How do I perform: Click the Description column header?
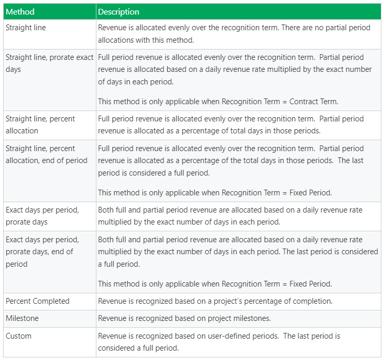pyautogui.click(x=119, y=11)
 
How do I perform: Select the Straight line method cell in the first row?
pyautogui.click(x=26, y=28)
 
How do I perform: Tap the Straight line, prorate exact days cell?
pyautogui.click(x=49, y=63)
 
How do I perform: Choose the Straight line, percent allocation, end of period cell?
pyautogui.click(x=46, y=154)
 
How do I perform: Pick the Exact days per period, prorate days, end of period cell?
pyautogui.click(x=42, y=252)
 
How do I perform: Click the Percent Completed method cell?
pyautogui.click(x=38, y=301)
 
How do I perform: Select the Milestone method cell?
pyautogui.click(x=22, y=318)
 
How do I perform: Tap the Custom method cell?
pyautogui.click(x=19, y=336)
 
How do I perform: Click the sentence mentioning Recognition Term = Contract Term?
pyautogui.click(x=215, y=101)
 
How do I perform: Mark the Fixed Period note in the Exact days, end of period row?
pyautogui.click(x=215, y=284)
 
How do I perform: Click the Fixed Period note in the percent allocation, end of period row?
pyautogui.click(x=215, y=193)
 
